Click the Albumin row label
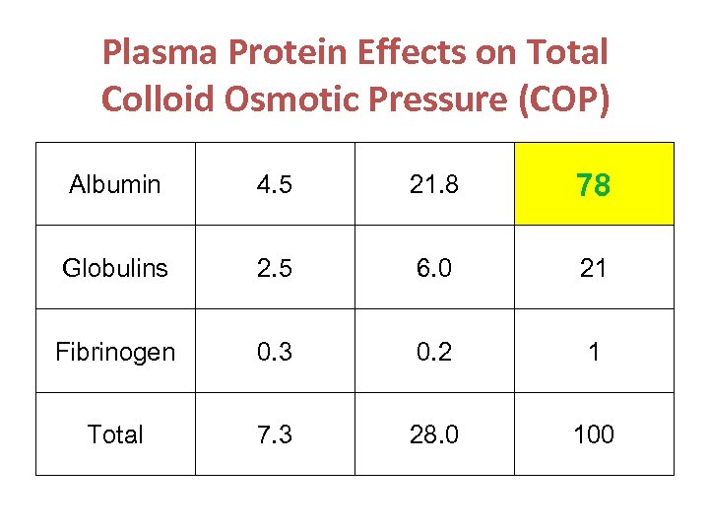click(115, 184)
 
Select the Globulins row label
click(115, 268)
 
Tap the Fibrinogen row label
click(115, 352)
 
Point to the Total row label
click(115, 434)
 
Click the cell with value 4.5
click(275, 184)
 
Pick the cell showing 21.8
click(433, 184)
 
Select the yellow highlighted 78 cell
click(594, 184)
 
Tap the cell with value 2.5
click(275, 268)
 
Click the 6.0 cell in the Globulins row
click(433, 268)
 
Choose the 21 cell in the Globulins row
click(594, 268)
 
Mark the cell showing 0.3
click(275, 352)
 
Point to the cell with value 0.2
click(433, 352)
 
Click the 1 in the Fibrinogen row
click(594, 352)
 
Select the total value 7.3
click(275, 434)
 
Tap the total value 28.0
click(433, 434)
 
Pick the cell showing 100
click(594, 434)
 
